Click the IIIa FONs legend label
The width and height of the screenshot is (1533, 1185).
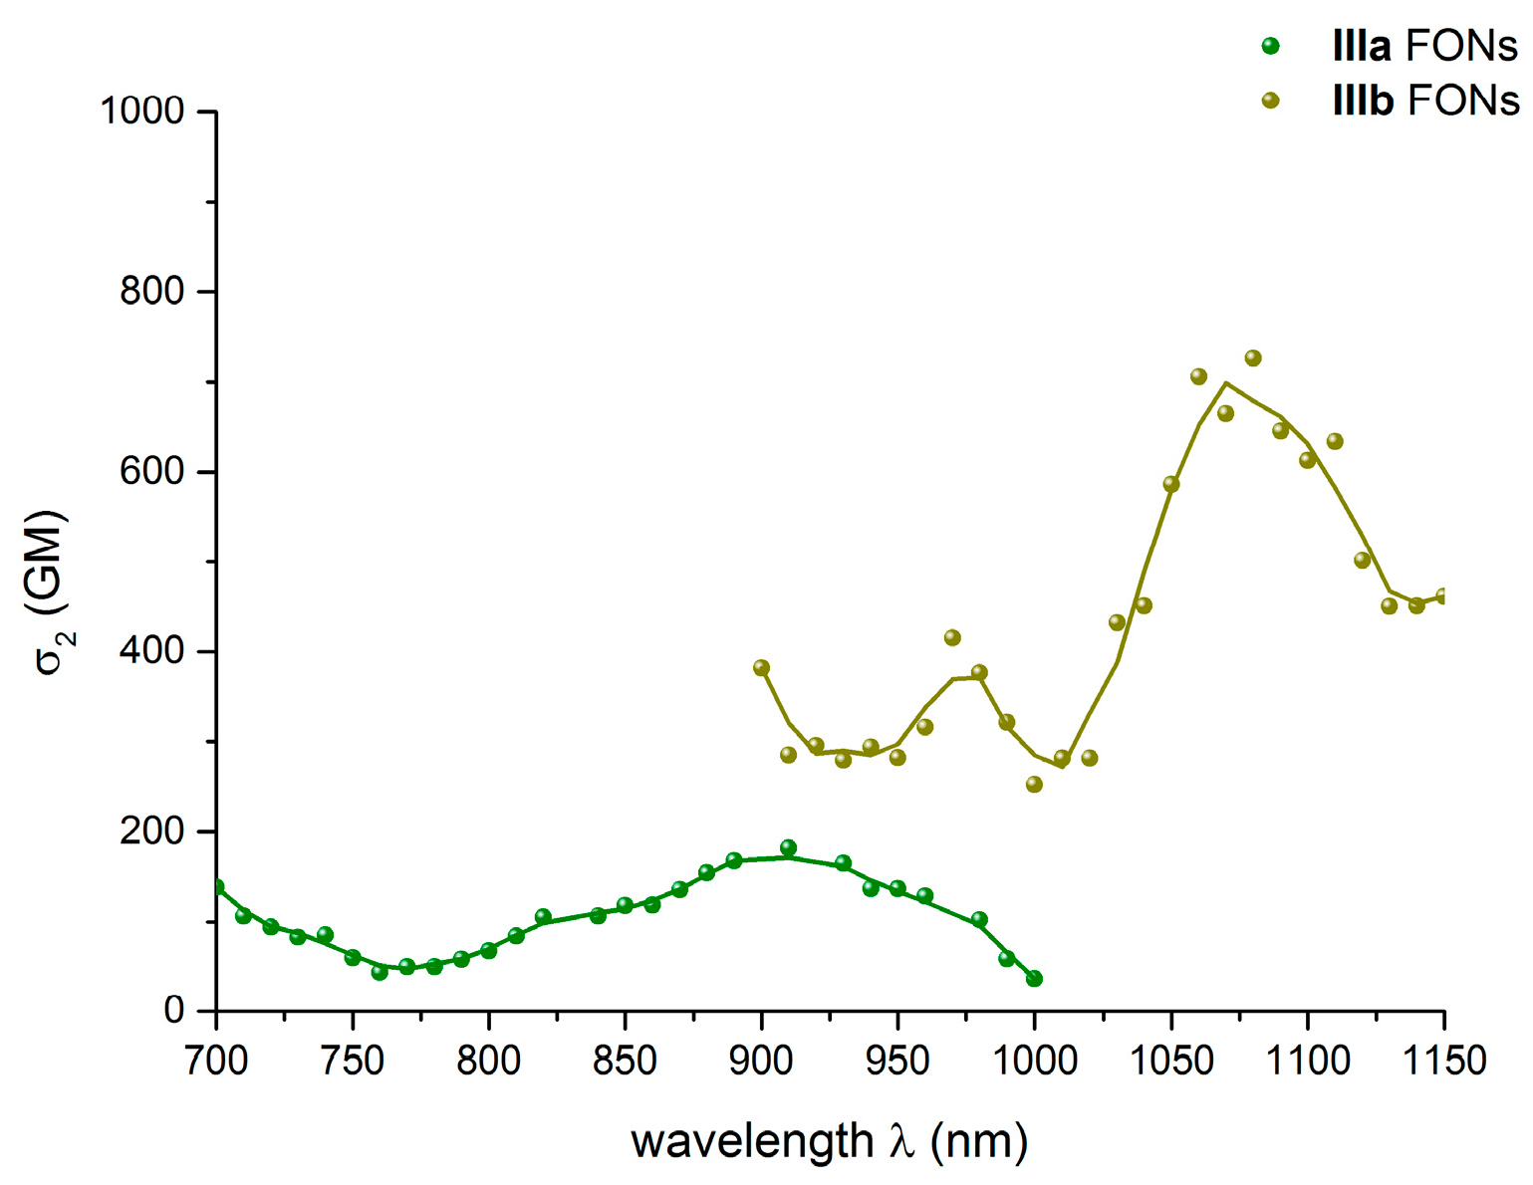(x=1424, y=46)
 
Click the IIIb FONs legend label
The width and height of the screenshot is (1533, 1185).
(x=1425, y=101)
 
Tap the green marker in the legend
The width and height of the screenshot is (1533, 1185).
(x=1270, y=46)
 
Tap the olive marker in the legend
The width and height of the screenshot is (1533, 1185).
(x=1270, y=101)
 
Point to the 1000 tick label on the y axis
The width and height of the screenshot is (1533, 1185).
(x=142, y=112)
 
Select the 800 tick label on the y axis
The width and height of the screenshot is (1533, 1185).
(x=152, y=292)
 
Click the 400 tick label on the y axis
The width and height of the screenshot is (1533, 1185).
(x=152, y=651)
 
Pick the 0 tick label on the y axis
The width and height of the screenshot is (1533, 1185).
(x=174, y=1011)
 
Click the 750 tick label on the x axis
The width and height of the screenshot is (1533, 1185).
(x=353, y=1061)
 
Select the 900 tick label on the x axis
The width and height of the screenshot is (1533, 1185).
(x=762, y=1061)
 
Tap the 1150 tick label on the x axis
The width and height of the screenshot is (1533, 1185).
(x=1443, y=1061)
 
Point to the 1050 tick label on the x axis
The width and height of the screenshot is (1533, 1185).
(x=1170, y=1061)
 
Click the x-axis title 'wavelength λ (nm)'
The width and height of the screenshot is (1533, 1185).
(x=829, y=1141)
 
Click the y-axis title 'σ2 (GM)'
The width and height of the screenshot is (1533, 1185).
(x=50, y=592)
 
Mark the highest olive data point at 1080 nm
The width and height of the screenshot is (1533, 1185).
(x=1253, y=358)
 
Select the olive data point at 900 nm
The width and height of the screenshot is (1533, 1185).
(x=762, y=668)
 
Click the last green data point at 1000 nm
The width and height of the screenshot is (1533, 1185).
(x=1034, y=979)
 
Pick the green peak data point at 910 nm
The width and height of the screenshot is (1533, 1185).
(x=789, y=848)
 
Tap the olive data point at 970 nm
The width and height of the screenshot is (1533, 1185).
(x=952, y=637)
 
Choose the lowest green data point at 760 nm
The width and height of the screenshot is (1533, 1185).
(x=380, y=972)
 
